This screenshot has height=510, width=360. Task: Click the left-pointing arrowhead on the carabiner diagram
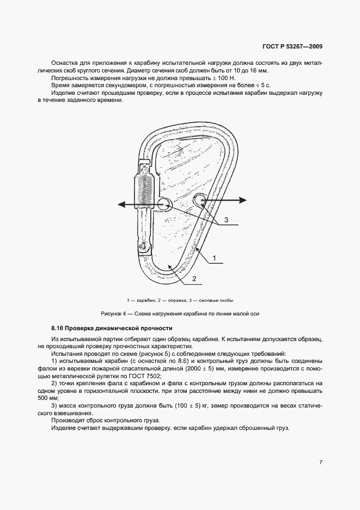coord(123,204)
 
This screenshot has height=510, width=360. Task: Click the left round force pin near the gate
coord(164,204)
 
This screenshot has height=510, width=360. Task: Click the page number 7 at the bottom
coord(321,463)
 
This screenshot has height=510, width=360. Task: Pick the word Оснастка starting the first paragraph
coord(66,63)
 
